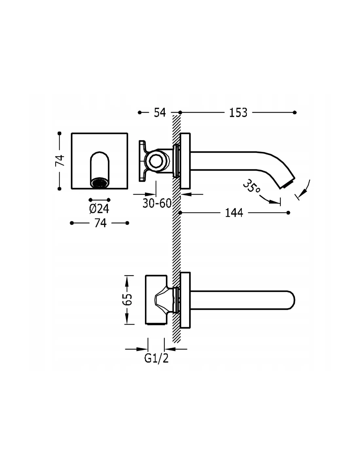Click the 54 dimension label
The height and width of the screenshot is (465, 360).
pyautogui.click(x=160, y=112)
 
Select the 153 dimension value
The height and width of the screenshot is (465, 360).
pyautogui.click(x=238, y=112)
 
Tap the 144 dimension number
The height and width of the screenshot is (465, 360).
pyautogui.click(x=234, y=213)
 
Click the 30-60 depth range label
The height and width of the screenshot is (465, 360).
pyautogui.click(x=157, y=203)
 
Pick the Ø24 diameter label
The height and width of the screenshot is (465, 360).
pyautogui.click(x=99, y=209)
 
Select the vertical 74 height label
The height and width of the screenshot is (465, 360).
pyautogui.click(x=60, y=161)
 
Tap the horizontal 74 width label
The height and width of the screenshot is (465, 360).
pyautogui.click(x=100, y=223)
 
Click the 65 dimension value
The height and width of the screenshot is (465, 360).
pyautogui.click(x=127, y=299)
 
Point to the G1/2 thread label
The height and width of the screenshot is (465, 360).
pyautogui.click(x=156, y=359)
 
